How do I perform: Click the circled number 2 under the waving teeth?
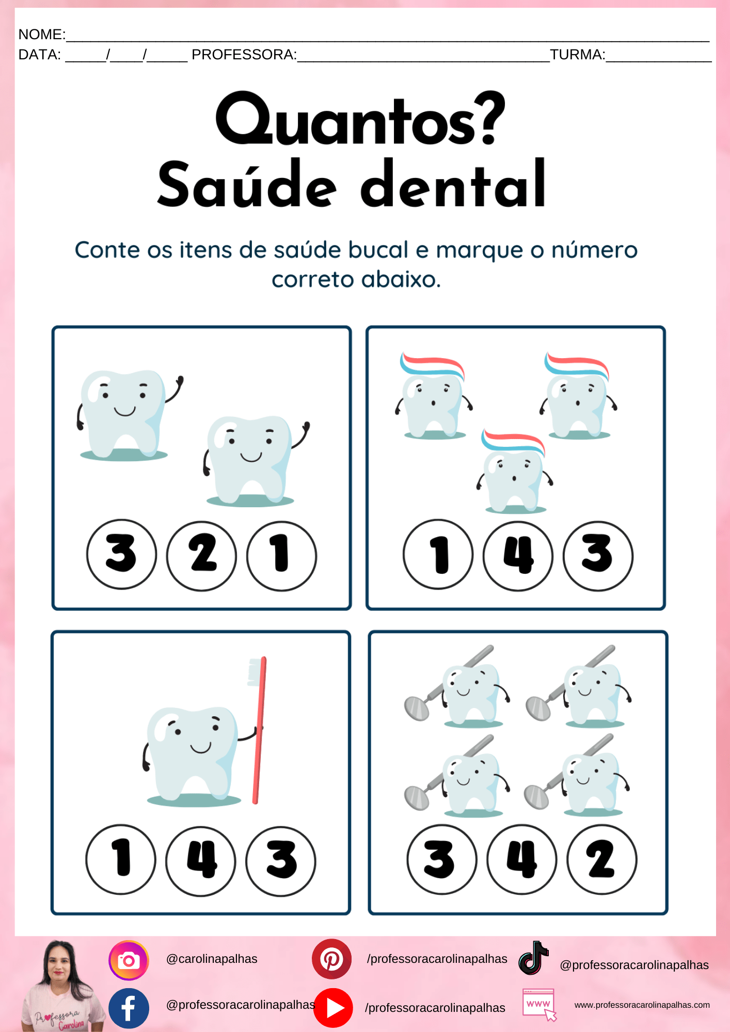tap(201, 555)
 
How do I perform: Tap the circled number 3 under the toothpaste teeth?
tap(598, 555)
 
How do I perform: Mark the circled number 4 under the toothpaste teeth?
tap(518, 555)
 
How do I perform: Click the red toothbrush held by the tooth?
tap(258, 730)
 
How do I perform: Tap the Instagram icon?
tap(129, 960)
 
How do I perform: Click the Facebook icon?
tap(129, 1008)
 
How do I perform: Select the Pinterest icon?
tap(331, 959)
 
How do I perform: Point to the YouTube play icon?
tap(334, 1008)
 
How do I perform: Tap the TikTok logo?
tap(533, 958)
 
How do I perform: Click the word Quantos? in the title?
tap(360, 120)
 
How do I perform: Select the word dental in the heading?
tap(453, 184)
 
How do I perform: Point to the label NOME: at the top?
tap(42, 35)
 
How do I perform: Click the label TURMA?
tap(577, 55)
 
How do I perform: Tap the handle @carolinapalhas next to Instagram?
tap(212, 959)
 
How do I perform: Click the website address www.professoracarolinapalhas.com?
tap(642, 1005)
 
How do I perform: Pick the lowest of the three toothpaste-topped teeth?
tap(514, 471)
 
